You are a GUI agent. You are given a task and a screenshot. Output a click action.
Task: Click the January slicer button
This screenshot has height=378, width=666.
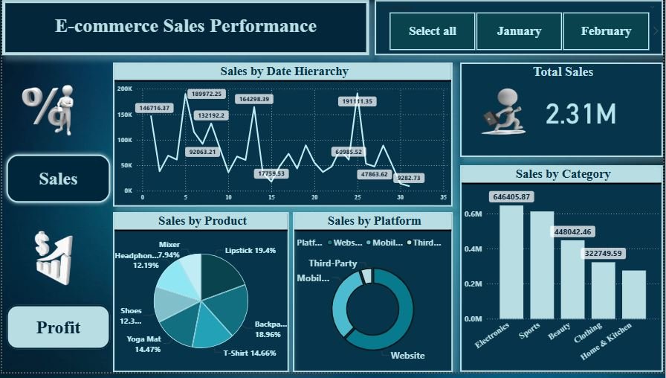pyautogui.click(x=519, y=31)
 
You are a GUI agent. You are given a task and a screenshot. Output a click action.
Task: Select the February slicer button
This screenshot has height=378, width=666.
pyautogui.click(x=606, y=31)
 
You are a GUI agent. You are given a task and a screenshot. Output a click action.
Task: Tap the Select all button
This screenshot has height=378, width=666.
pyautogui.click(x=433, y=31)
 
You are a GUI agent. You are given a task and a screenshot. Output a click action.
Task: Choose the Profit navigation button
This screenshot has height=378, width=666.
pyautogui.click(x=59, y=327)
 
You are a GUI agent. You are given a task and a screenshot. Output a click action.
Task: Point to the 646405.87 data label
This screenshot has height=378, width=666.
pyautogui.click(x=512, y=197)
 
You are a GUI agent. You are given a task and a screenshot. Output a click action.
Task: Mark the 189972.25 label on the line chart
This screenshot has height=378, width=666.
pyautogui.click(x=207, y=94)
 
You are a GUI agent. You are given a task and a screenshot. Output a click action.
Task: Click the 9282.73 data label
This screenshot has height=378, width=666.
pyautogui.click(x=409, y=178)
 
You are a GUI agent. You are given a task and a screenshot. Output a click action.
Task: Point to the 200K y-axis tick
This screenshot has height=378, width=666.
pyautogui.click(x=124, y=89)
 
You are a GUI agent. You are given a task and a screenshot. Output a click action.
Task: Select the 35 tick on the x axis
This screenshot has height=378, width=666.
pyautogui.click(x=444, y=198)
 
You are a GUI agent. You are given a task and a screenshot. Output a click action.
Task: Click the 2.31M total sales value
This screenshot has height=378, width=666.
pyautogui.click(x=581, y=114)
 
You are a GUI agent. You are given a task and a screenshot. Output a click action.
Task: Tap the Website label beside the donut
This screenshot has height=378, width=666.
pyautogui.click(x=407, y=356)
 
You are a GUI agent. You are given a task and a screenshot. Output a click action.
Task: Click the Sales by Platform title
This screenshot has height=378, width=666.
pyautogui.click(x=374, y=221)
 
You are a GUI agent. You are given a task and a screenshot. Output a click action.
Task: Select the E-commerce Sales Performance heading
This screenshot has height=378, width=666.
pyautogui.click(x=186, y=27)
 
